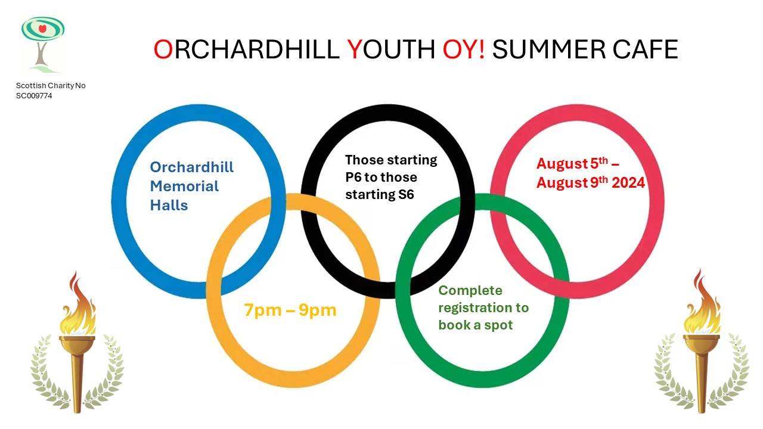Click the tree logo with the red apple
coord(43,44)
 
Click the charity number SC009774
coord(34,96)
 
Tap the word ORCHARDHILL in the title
coord(246,49)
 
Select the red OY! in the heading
coord(464,49)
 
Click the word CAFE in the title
coord(645,49)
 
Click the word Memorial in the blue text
coord(184,186)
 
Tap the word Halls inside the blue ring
coord(169,206)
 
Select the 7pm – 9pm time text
coord(290,310)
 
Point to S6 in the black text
coord(406,195)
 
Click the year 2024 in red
coord(628,183)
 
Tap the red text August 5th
coord(572,163)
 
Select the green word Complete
coord(470,290)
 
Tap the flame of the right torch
coord(702,303)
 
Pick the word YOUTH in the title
coord(391,49)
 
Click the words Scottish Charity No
coord(51,86)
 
